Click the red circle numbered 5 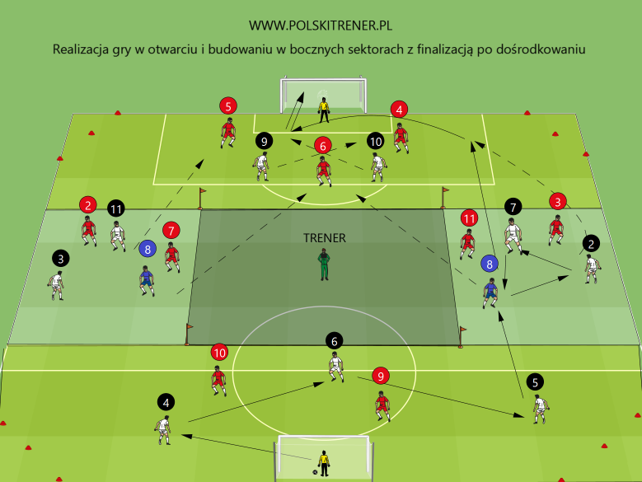pos(228,105)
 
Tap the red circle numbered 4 pos(400,109)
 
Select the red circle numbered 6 pos(323,145)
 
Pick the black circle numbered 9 pos(263,141)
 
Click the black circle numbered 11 pos(116,208)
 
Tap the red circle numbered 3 pos(558,200)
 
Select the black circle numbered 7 pos(513,207)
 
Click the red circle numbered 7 pos(171,229)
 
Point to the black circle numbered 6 pos(334,339)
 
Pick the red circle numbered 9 pos(380,376)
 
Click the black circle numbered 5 pos(536,381)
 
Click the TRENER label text pos(324,237)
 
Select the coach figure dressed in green pos(323,265)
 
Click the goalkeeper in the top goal pos(323,110)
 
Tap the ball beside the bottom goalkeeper pos(315,472)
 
